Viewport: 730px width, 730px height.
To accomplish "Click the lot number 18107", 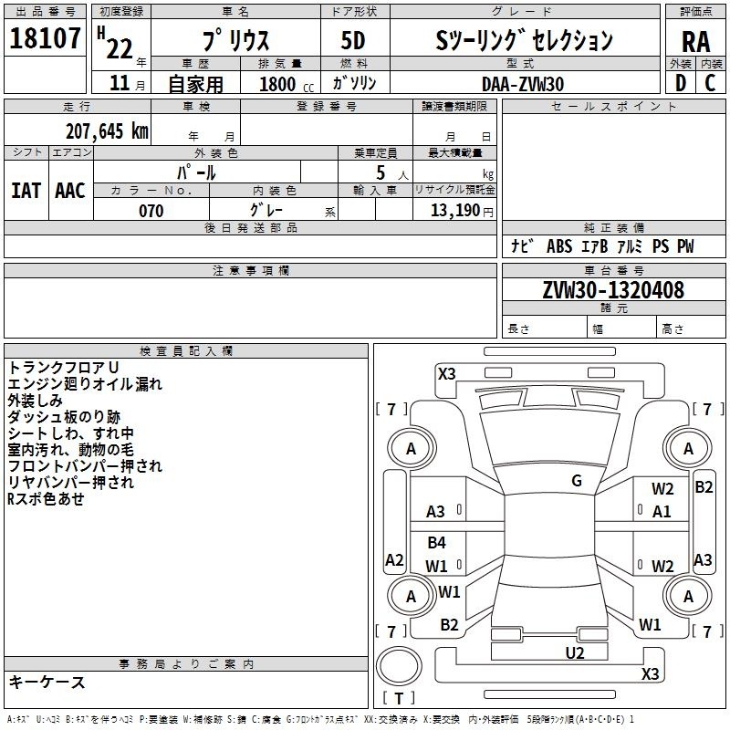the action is [45, 38].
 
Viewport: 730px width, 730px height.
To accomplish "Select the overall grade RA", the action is [695, 42].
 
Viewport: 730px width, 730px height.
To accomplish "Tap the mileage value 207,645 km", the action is [107, 131].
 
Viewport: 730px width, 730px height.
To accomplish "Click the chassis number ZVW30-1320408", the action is [613, 290].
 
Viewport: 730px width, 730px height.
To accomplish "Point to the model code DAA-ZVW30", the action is [523, 84].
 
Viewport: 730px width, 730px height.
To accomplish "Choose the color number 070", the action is [151, 211].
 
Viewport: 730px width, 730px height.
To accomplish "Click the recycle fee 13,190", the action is [454, 211].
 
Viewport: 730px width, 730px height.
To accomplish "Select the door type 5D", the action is [353, 41].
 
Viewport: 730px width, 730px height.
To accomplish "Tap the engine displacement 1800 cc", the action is [287, 84].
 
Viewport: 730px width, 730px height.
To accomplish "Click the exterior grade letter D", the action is [681, 83].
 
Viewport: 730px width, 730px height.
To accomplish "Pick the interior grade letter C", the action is [710, 83].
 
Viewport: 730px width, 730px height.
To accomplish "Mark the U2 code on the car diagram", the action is [575, 652].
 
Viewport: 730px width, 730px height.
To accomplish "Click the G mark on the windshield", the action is [577, 481].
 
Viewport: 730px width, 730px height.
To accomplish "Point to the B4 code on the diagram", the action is [436, 542].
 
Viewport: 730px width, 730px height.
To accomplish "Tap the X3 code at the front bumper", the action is [446, 374].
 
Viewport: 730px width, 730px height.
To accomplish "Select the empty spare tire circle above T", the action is [399, 666].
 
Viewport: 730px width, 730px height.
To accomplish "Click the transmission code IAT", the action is [26, 191].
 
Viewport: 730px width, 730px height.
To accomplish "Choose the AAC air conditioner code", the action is [70, 191].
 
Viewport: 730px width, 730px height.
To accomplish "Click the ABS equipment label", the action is [559, 245].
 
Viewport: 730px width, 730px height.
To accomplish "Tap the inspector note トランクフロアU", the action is [63, 368].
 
